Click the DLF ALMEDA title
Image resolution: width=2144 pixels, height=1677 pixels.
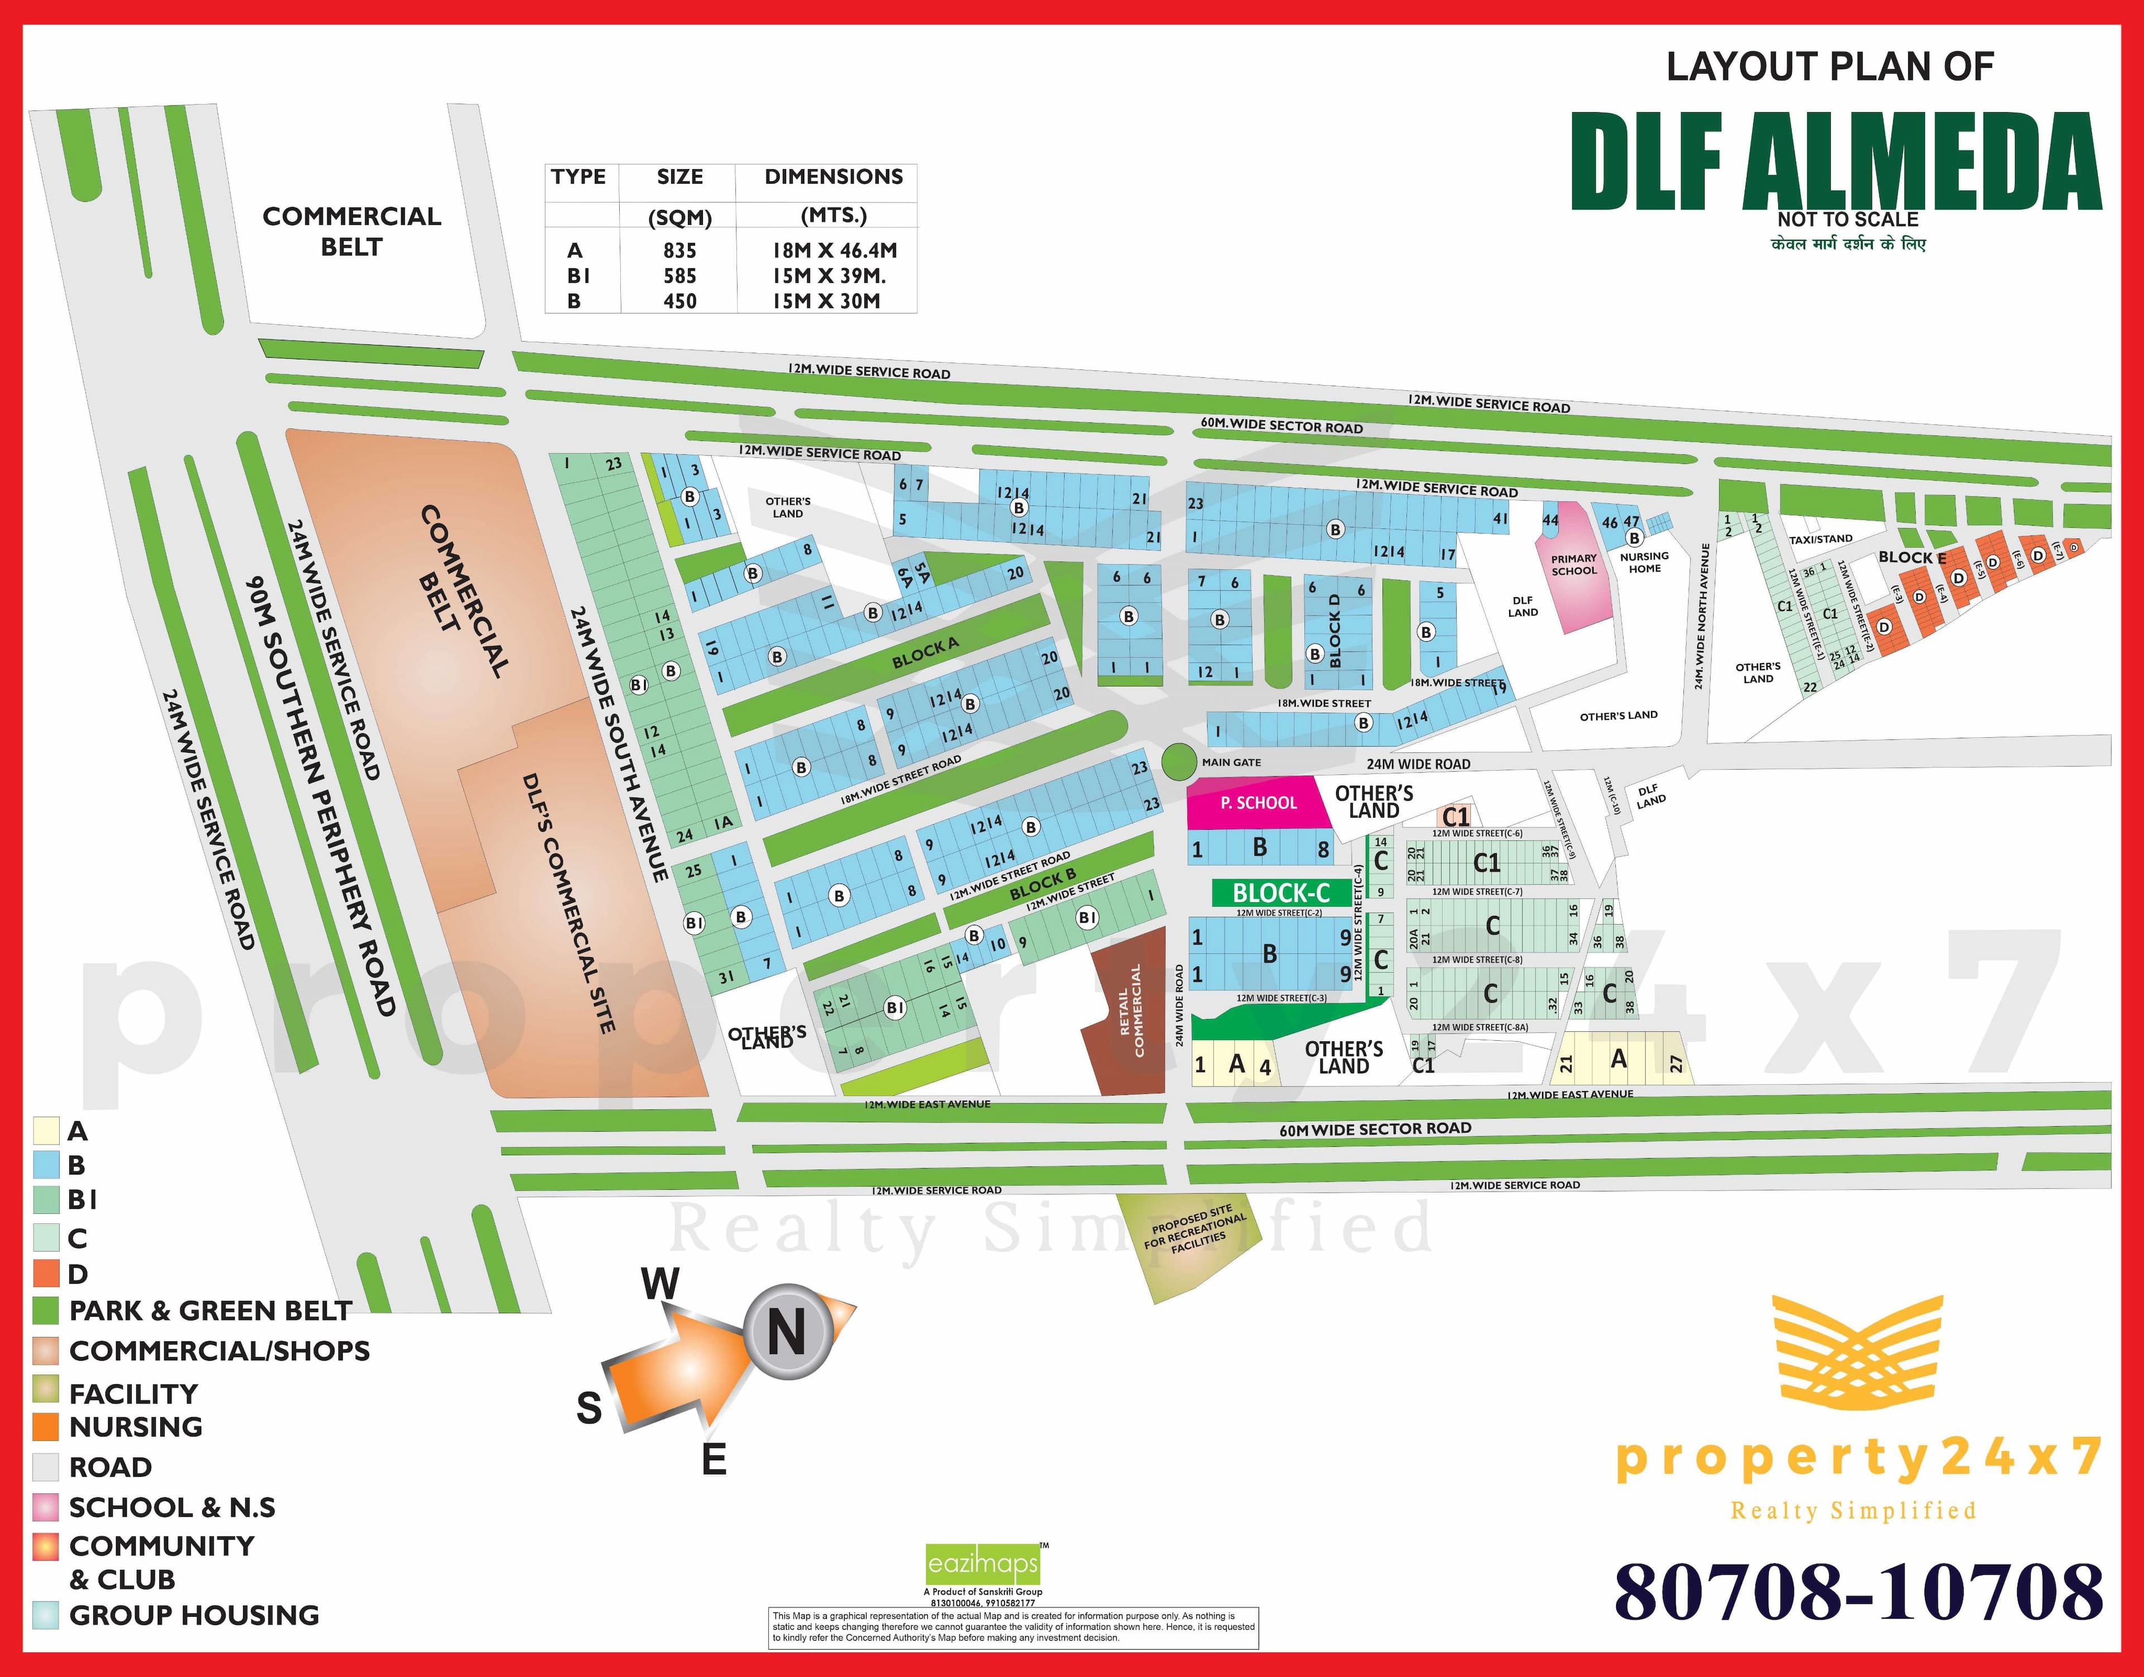(x=1835, y=162)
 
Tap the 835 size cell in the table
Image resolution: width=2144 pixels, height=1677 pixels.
(x=679, y=251)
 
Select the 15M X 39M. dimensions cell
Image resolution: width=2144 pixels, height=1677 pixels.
(x=828, y=276)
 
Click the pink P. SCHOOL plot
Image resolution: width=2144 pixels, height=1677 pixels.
(x=1257, y=803)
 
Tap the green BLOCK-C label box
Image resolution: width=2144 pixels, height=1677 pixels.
(x=1281, y=892)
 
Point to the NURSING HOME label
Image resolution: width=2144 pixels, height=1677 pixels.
(x=1644, y=561)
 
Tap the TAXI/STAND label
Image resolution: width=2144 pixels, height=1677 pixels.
(x=1820, y=539)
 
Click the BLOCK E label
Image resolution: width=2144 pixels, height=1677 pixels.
(x=1911, y=558)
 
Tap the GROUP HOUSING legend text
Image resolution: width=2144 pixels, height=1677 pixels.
(x=194, y=1615)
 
